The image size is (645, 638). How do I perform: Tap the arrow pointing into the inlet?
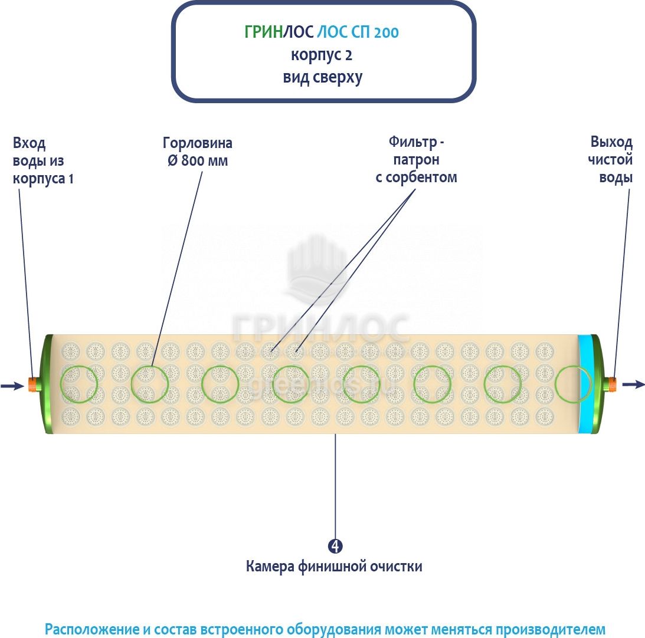tap(12, 386)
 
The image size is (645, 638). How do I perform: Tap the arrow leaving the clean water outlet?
tap(634, 384)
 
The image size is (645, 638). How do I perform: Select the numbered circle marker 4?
tap(335, 546)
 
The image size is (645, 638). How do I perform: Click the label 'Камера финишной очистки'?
tap(334, 567)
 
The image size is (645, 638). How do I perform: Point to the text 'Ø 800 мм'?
tap(198, 160)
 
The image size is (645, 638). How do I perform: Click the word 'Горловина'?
tap(198, 143)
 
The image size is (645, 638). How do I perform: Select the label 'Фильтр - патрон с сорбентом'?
tap(416, 159)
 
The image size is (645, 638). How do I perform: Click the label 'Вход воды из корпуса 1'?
tap(44, 160)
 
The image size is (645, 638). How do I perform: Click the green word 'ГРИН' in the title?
tap(263, 32)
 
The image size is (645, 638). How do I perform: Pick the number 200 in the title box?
tap(386, 32)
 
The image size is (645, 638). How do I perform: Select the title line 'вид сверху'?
tap(322, 77)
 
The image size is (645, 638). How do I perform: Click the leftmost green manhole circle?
tap(79, 384)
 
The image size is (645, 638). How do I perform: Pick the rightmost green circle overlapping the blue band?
tap(572, 384)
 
